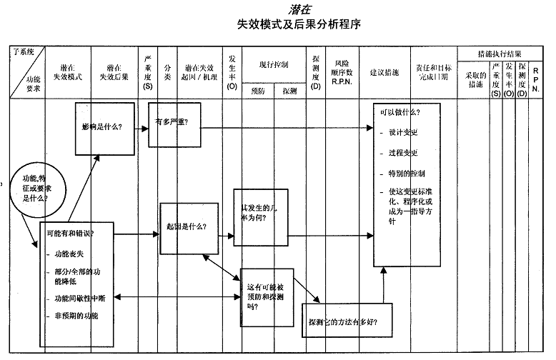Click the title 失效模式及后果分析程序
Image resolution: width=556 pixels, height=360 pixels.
coord(299,24)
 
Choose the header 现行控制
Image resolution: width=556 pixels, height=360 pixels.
coord(274,65)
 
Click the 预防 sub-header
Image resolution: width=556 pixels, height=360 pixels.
coord(258,91)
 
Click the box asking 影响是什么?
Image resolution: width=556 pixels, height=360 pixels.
coord(104,128)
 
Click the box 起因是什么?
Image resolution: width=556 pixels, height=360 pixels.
coord(188,227)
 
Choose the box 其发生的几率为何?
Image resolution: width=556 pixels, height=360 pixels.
coord(259,213)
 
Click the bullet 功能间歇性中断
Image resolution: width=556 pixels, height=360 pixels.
coord(81,298)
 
